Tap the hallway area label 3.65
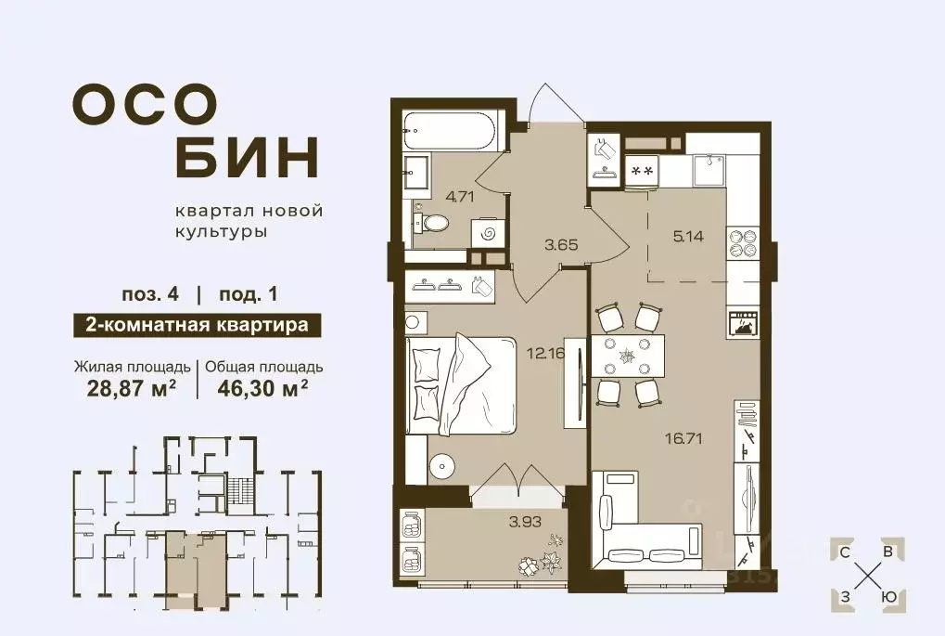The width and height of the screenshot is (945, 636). pyautogui.click(x=562, y=245)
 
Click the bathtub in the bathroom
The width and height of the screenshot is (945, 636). pyautogui.click(x=453, y=134)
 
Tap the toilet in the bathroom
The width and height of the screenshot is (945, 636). pyautogui.click(x=433, y=222)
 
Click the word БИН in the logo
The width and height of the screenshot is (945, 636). pyautogui.click(x=247, y=159)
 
